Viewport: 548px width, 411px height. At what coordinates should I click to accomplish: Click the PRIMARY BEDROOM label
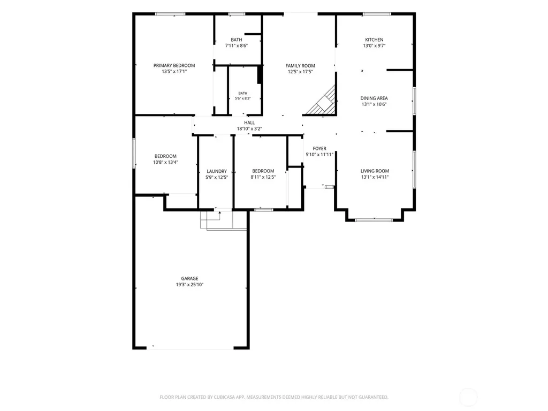tap(174, 65)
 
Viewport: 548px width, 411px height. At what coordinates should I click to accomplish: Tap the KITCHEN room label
tap(374, 40)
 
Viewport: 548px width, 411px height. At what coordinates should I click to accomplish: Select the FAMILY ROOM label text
tap(300, 66)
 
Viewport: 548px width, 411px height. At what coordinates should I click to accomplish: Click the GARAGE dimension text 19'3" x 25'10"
tap(189, 285)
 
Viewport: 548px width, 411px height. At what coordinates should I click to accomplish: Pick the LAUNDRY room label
tap(217, 171)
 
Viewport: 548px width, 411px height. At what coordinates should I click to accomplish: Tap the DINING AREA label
tap(374, 98)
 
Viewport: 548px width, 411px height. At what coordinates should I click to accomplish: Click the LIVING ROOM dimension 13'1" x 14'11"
tap(375, 177)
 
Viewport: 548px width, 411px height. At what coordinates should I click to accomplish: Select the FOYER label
tap(319, 149)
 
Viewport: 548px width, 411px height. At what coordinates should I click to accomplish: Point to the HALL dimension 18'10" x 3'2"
tap(249, 128)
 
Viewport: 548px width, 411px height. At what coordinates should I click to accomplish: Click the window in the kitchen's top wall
tap(376, 14)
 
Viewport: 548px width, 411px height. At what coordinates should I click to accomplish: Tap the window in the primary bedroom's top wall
tap(170, 14)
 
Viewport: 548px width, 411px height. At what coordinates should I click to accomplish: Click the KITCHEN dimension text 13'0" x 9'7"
tap(374, 45)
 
